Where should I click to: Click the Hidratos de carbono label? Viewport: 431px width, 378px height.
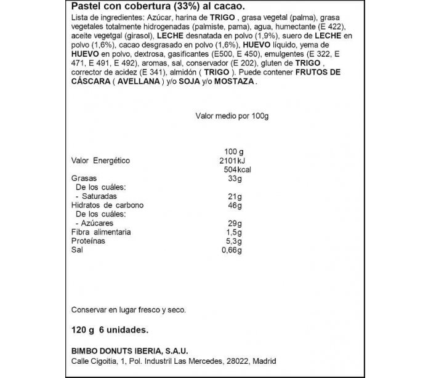click(107, 205)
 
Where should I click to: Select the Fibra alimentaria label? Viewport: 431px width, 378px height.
click(101, 232)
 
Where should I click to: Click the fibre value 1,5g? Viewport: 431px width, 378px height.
click(233, 232)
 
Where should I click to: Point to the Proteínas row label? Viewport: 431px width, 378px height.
click(88, 241)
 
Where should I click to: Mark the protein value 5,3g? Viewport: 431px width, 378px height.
click(233, 241)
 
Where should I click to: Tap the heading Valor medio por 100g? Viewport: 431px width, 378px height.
click(233, 116)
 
